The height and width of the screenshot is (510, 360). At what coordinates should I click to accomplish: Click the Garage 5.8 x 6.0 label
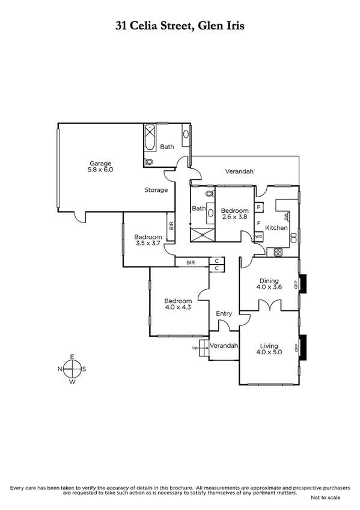point(101,167)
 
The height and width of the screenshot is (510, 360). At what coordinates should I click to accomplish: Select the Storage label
point(156,190)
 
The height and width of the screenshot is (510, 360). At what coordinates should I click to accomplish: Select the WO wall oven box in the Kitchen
point(258,237)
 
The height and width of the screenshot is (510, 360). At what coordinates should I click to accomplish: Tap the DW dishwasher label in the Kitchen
point(286,215)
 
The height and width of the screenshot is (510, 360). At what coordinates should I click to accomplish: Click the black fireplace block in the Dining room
point(304,283)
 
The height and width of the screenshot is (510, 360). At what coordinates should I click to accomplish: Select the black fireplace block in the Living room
point(304,348)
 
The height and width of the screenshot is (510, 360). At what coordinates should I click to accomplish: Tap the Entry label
point(224,313)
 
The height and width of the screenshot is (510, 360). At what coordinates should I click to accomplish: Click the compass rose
point(72,369)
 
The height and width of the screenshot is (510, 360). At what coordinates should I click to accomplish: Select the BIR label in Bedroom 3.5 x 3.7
point(171,226)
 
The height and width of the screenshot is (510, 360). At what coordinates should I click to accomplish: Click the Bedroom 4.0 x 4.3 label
point(178,304)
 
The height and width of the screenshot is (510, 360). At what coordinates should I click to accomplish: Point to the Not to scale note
point(325,498)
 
